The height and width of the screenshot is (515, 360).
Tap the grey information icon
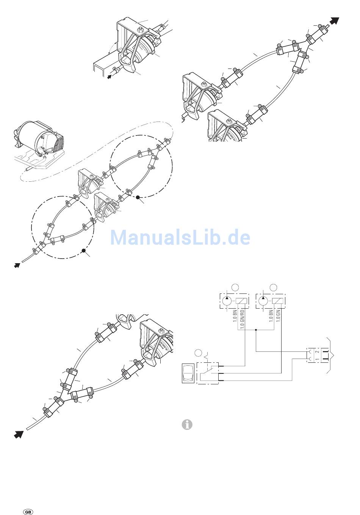point(187,425)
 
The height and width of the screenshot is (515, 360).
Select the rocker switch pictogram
point(188,373)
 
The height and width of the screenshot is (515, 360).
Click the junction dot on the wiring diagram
point(257,330)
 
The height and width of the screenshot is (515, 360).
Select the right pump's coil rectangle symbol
point(279,301)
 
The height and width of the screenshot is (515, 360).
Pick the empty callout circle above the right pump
point(272,287)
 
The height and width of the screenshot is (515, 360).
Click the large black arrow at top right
point(333,21)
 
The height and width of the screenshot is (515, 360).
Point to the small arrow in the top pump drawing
point(110,76)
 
